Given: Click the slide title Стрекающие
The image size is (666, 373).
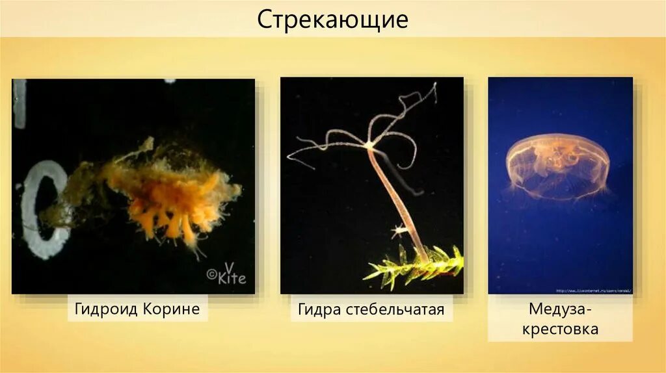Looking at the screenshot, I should click(332, 19).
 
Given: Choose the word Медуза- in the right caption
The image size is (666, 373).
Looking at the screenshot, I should click(560, 311).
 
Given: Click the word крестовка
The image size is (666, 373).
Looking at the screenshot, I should click(560, 329).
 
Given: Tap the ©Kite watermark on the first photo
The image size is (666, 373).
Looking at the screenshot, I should click(227, 275).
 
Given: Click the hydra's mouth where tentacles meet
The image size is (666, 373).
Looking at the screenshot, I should click(370, 145).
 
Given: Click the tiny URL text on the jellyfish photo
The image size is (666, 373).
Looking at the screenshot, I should click(594, 290).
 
